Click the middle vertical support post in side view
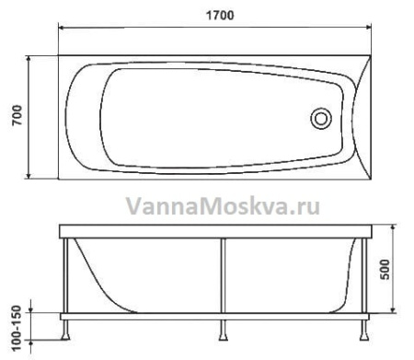point(221,276)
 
